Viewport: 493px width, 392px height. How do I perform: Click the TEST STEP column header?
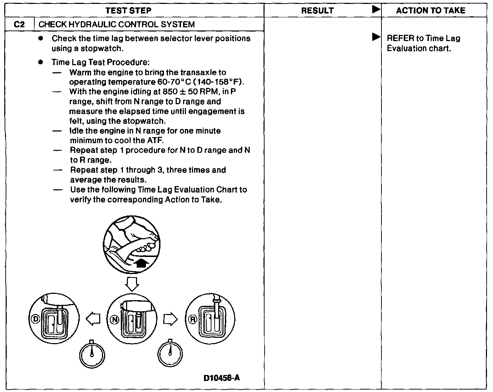tap(128, 11)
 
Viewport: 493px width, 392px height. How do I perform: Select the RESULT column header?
tap(317, 11)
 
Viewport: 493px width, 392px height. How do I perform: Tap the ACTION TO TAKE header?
tap(430, 11)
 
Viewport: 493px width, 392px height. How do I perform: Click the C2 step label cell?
tap(19, 24)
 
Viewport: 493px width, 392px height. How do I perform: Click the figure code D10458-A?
tap(222, 378)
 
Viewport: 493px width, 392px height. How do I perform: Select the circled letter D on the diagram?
tap(35, 319)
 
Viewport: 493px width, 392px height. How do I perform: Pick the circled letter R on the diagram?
tap(193, 319)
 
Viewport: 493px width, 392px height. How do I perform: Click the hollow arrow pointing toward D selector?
tap(93, 319)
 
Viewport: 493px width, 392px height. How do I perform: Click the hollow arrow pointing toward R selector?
tap(170, 319)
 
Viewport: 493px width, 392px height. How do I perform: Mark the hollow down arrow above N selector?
tap(131, 284)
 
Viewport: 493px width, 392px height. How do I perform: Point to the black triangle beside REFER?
tap(376, 37)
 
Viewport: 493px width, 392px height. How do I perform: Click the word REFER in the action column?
tap(400, 38)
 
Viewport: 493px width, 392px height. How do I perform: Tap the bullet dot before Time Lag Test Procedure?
tap(41, 62)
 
